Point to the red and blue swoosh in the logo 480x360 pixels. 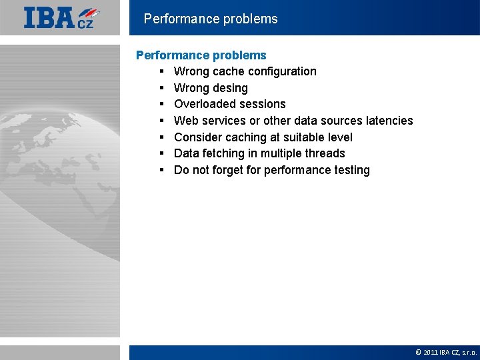pos(90,13)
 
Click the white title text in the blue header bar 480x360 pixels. pos(211,19)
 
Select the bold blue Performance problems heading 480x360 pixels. pos(201,55)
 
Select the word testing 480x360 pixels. pos(351,170)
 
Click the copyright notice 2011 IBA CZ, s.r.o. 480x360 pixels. pos(446,352)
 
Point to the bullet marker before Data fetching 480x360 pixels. pos(162,153)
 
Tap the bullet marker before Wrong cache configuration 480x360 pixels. pos(162,71)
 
